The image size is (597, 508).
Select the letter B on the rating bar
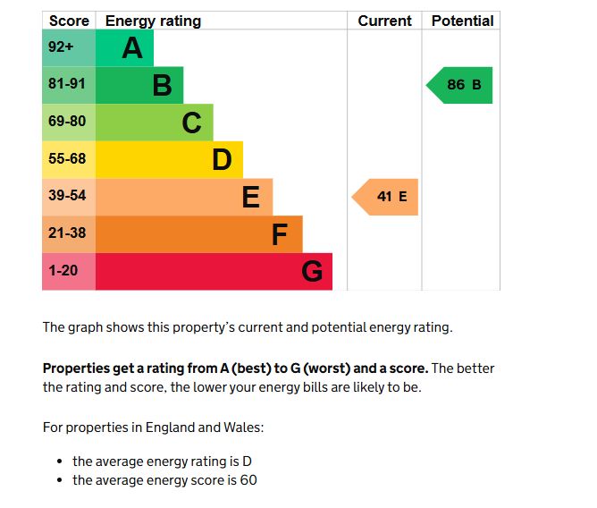(x=162, y=86)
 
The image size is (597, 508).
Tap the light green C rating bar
(x=154, y=123)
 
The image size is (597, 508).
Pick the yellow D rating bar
(x=168, y=160)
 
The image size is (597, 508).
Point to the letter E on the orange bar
(x=251, y=197)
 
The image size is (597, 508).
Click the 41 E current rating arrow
(x=386, y=197)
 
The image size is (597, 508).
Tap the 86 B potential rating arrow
(x=461, y=85)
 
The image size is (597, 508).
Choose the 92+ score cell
(x=68, y=48)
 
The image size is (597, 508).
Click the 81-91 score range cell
(x=68, y=85)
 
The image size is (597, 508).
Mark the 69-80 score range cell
(x=68, y=122)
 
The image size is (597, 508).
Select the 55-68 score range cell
(x=68, y=159)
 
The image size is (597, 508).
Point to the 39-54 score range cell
(x=68, y=197)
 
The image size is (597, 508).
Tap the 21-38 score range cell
(x=68, y=234)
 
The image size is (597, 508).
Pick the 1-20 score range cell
(x=68, y=271)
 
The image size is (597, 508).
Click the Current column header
(x=384, y=21)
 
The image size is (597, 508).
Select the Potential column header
(x=462, y=21)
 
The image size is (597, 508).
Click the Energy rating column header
(x=153, y=21)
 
